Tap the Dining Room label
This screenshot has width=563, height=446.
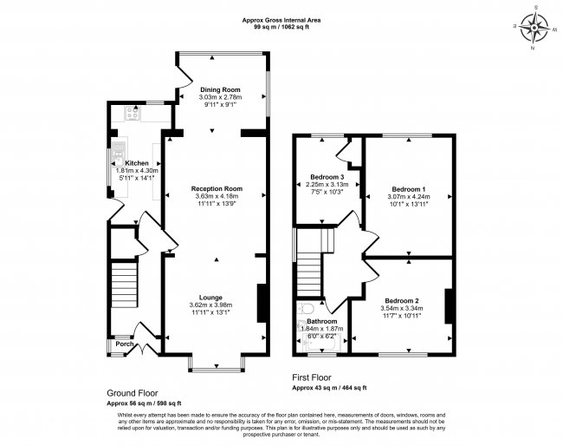tap(219, 89)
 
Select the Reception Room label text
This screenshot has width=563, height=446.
tap(217, 188)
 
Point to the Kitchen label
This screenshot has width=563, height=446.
tap(137, 163)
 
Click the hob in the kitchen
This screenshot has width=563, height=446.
tap(135, 112)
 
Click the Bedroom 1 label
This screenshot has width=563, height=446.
tap(409, 189)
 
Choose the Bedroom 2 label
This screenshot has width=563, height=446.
tap(402, 299)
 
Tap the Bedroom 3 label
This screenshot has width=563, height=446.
tap(327, 177)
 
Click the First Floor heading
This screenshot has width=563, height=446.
tap(317, 379)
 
